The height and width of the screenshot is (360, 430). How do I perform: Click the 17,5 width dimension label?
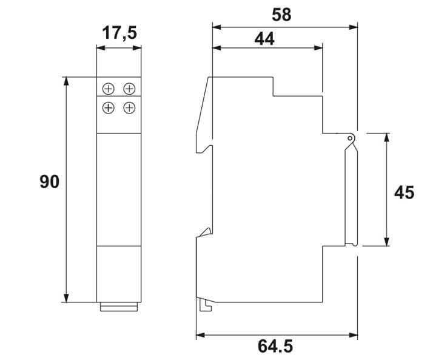(119, 33)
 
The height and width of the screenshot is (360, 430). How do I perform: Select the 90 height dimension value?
(49, 182)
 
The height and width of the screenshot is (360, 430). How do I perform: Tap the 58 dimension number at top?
(281, 15)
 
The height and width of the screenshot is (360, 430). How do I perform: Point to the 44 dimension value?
(264, 39)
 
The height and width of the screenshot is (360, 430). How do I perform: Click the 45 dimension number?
(404, 192)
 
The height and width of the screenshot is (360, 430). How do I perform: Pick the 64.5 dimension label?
(275, 346)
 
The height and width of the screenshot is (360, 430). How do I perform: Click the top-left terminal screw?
(109, 89)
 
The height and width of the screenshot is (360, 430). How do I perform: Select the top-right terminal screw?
(129, 89)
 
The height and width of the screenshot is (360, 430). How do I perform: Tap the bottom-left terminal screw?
(109, 108)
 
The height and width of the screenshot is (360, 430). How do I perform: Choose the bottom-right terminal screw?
(129, 107)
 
